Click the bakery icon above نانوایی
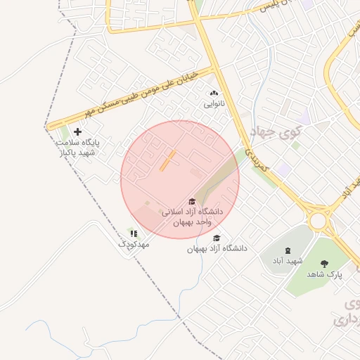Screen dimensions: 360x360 click(x=214, y=93)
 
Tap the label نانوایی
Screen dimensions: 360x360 click(x=214, y=103)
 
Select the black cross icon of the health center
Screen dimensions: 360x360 click(x=77, y=131)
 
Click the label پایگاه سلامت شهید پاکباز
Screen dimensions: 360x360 click(x=78, y=147)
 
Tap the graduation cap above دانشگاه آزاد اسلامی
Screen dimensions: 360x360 click(x=192, y=201)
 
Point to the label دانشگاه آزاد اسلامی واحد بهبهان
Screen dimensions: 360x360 click(x=192, y=217)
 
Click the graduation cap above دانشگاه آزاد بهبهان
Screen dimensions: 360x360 click(x=217, y=238)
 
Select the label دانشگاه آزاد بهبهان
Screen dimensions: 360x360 click(x=217, y=249)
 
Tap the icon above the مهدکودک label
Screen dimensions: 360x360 click(x=134, y=233)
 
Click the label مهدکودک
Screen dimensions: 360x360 click(x=134, y=244)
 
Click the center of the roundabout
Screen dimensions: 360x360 click(x=320, y=221)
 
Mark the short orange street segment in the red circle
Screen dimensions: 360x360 click(x=167, y=160)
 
